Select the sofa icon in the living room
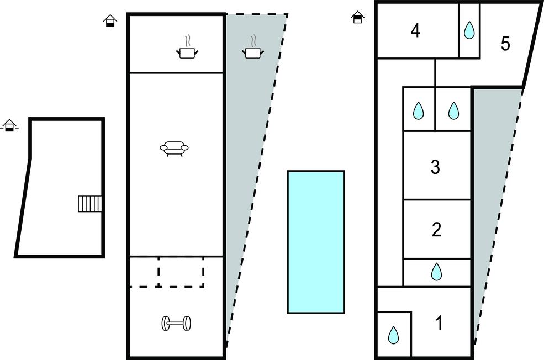(174, 149)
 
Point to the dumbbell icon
(176, 324)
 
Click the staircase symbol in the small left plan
(90, 204)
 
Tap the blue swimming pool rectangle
(316, 242)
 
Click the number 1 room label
(439, 323)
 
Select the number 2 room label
(436, 230)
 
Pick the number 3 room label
(435, 167)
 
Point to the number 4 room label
(415, 31)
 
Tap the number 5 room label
(505, 44)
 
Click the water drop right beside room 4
(469, 30)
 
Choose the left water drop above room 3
(419, 110)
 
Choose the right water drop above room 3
(453, 110)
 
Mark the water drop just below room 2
(436, 271)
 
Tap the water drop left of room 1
(393, 335)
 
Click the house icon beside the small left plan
(9, 125)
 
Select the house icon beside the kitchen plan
(110, 21)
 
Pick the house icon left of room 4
(358, 18)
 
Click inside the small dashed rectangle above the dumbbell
(181, 271)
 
